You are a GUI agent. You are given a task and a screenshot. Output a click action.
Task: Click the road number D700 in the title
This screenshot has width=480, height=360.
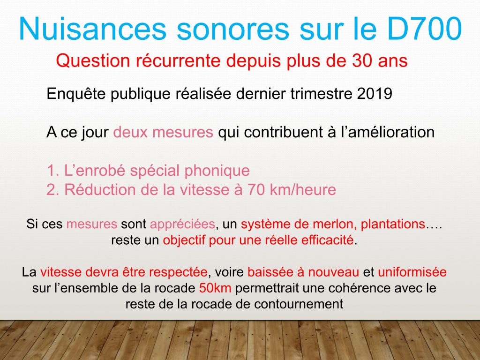[x=424, y=29]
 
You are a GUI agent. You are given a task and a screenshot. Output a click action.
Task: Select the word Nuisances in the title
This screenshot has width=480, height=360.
[x=92, y=29]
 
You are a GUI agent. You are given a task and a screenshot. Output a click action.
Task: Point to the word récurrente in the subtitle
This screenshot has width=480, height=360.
[x=177, y=60]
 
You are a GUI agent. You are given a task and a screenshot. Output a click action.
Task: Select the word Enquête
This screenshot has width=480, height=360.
[x=76, y=94]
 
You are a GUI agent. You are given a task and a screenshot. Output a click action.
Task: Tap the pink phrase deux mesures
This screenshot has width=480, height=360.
[x=163, y=132]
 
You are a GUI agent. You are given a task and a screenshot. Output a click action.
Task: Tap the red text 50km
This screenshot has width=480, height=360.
[x=215, y=288]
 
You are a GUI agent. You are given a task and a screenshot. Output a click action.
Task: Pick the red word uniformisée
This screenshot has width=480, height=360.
[x=412, y=272]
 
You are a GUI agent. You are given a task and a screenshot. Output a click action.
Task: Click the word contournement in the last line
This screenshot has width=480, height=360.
[x=299, y=304]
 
